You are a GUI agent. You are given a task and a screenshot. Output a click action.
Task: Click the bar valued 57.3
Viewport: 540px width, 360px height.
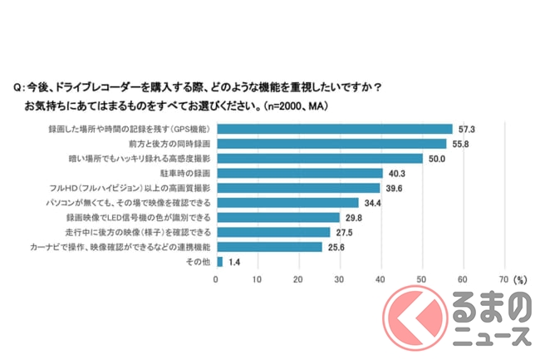coord(334,129)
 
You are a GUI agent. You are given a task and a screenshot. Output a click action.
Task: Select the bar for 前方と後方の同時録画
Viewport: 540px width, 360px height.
coord(331,144)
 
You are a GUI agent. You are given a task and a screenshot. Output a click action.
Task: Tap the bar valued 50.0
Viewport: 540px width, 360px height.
coord(319,158)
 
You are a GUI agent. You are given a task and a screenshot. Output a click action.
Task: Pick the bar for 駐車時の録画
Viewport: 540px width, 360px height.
coord(299,173)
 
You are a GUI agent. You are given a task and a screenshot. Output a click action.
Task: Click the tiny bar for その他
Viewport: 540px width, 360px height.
coord(219,261)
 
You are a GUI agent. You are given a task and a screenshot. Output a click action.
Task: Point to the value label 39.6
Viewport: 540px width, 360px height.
coord(395,188)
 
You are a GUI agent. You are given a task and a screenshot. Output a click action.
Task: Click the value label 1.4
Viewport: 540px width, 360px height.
coord(235,261)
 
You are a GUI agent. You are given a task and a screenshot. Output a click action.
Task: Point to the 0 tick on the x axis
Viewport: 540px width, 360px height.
coord(217,279)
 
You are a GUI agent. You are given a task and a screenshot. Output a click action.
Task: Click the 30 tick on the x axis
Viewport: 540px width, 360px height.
coord(340,279)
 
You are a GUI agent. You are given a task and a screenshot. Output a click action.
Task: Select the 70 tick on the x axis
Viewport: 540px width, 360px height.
coord(503,279)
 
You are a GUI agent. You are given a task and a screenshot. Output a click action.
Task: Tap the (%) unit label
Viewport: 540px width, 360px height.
coord(521,279)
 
